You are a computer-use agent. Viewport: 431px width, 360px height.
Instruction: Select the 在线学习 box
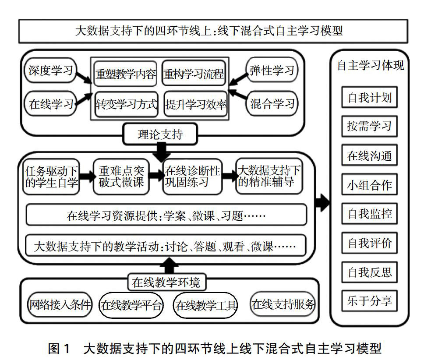(x=50, y=104)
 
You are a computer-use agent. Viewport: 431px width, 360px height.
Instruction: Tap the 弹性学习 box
(x=272, y=70)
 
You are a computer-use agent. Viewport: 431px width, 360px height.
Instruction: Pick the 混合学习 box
(x=272, y=104)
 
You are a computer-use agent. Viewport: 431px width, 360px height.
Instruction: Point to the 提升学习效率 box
(x=195, y=104)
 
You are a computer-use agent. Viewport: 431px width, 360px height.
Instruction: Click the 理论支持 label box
(x=160, y=134)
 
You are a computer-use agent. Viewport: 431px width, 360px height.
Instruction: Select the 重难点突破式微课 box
(x=121, y=176)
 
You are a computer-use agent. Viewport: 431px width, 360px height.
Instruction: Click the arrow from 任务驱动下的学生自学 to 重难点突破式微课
(x=86, y=176)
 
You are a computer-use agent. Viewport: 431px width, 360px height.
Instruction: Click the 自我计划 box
(x=369, y=98)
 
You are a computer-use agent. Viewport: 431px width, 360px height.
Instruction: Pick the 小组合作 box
(x=369, y=185)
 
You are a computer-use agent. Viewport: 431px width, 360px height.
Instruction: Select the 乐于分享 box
(x=369, y=301)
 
